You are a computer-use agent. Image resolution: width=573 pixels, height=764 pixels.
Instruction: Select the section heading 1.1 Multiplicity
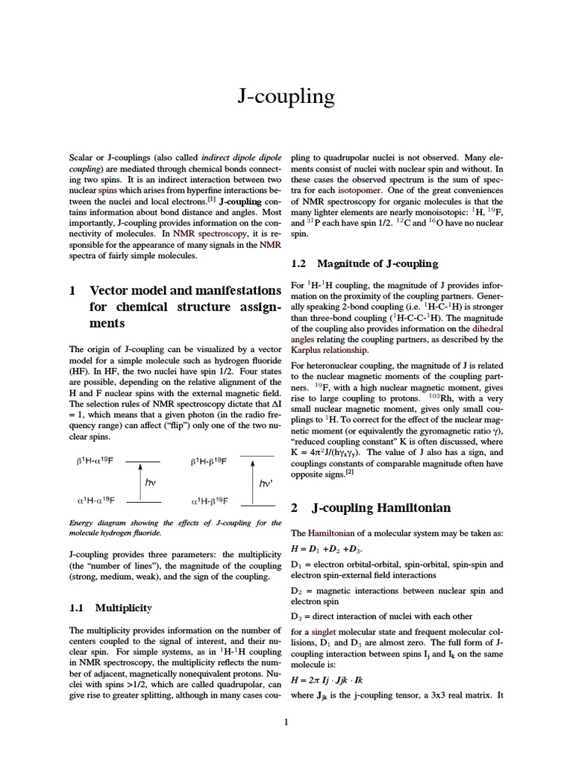110,608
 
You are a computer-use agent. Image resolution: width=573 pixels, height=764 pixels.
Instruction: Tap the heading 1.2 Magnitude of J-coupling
363,263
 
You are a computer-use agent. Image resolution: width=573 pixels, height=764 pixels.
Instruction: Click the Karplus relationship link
328,350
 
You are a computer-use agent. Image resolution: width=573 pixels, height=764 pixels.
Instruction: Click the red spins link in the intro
107,190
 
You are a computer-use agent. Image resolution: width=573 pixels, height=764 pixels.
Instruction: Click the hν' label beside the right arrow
266,483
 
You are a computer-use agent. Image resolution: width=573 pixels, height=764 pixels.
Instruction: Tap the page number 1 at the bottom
286,721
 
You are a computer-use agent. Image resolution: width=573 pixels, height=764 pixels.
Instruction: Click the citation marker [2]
348,472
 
